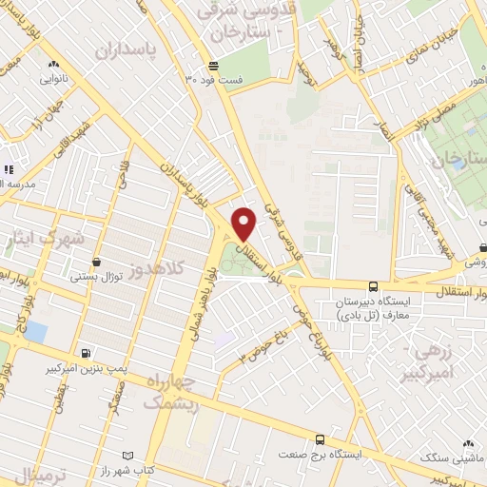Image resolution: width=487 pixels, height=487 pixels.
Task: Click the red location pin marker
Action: pos(244,223)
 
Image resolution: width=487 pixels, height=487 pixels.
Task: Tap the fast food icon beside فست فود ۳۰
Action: pos(214,66)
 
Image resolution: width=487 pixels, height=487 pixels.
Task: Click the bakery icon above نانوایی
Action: pos(51,65)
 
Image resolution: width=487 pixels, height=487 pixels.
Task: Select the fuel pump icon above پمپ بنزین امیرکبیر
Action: pos(88,352)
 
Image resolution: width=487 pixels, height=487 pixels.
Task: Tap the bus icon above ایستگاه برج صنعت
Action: pos(319,439)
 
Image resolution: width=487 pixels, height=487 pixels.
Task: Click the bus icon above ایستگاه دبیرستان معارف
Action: pos(373,285)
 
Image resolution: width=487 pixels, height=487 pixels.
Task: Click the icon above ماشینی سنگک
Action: pos(467,443)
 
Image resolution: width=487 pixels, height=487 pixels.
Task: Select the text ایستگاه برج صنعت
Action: pos(319,456)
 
